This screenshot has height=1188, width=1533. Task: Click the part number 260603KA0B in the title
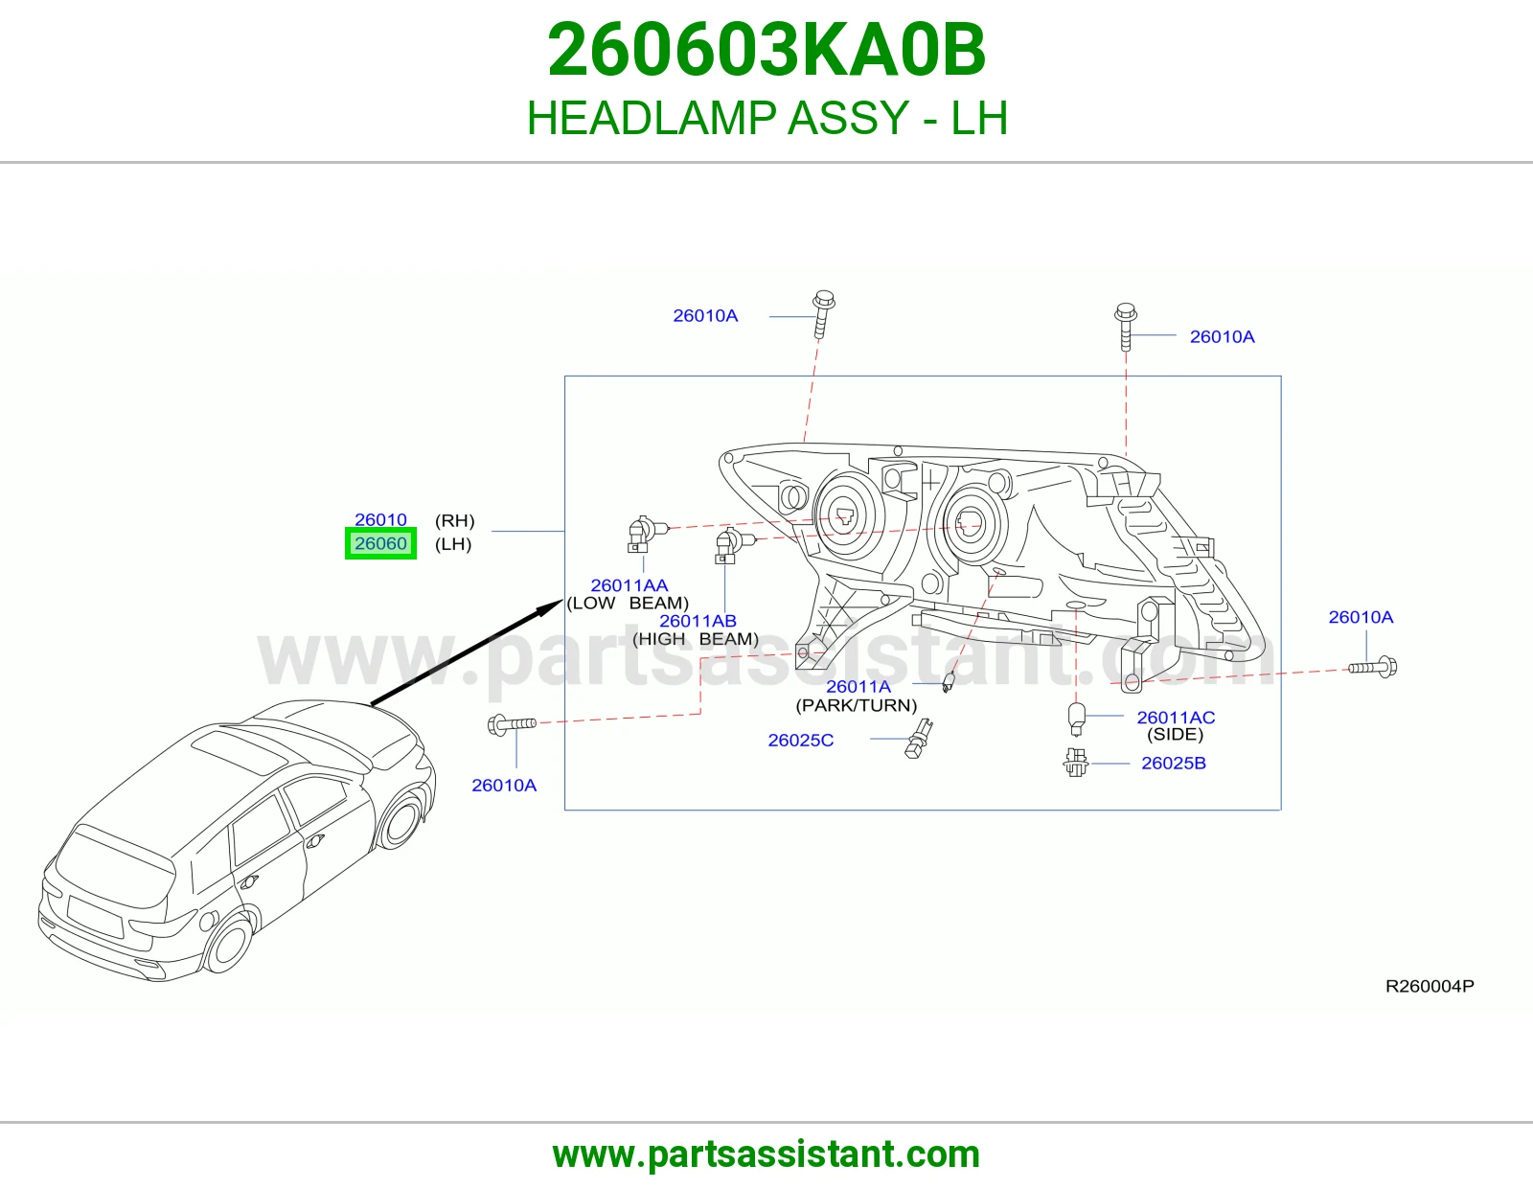click(766, 50)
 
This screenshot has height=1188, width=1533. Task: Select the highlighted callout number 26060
click(380, 543)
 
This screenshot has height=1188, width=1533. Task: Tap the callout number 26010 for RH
click(380, 519)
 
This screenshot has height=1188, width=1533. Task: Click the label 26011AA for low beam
click(629, 584)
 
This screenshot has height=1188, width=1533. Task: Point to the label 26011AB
click(697, 621)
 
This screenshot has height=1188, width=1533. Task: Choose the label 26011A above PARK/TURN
click(858, 686)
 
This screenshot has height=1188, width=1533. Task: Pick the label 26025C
click(800, 740)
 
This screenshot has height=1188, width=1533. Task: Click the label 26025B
click(1173, 763)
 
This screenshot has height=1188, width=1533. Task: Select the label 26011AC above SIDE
click(1176, 717)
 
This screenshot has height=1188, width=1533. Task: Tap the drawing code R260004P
click(1430, 986)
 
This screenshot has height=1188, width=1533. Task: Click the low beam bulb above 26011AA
click(644, 534)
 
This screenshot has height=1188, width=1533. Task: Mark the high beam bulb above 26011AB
click(732, 545)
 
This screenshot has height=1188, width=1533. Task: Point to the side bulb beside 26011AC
click(1076, 719)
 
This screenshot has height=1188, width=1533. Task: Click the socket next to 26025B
click(1075, 763)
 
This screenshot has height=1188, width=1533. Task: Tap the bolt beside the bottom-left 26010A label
click(512, 724)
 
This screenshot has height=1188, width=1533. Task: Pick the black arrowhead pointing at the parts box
click(551, 607)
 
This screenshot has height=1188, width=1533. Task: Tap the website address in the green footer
click(766, 1154)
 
